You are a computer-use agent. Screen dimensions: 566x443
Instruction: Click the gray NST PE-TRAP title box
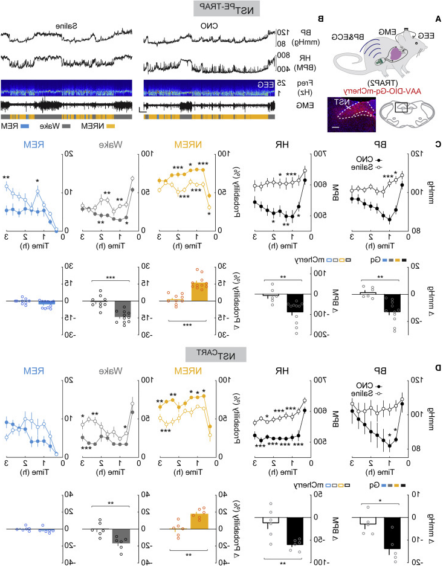222,8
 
